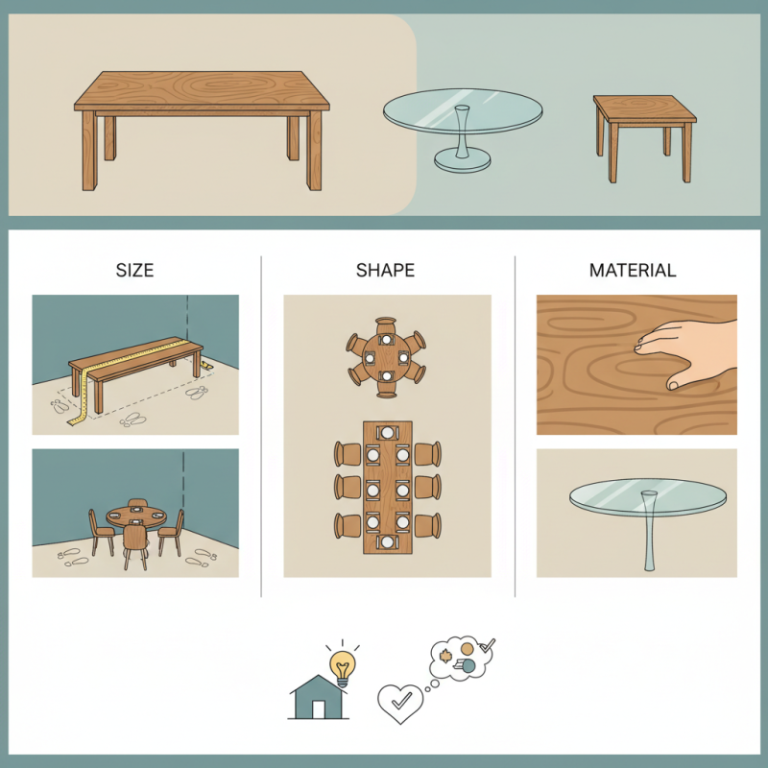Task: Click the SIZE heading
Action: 134,271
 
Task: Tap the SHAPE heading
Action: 387,271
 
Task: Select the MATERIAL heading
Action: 632,271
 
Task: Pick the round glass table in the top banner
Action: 463,113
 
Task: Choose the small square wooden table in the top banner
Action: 643,108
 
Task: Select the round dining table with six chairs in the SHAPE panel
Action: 386,355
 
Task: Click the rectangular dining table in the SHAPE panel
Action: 387,488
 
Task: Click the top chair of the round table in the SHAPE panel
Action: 386,324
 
